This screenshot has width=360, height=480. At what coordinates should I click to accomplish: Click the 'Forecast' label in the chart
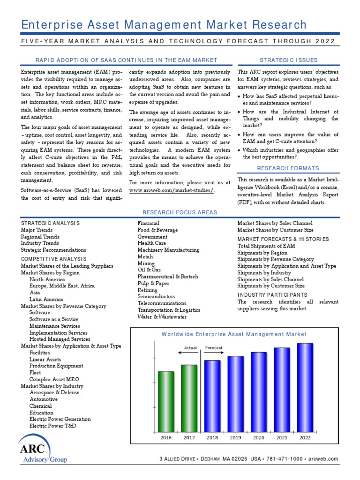click(214, 348)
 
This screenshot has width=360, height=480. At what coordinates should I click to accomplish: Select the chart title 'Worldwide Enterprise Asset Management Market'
click(234, 334)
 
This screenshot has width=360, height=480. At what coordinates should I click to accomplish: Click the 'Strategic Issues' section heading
click(288, 60)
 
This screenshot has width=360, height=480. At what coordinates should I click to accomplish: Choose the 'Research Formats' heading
click(288, 168)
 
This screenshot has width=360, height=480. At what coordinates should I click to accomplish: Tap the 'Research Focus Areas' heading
click(180, 212)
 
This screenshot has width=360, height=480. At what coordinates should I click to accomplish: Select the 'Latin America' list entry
click(47, 299)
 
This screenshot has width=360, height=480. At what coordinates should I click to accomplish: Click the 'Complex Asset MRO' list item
click(54, 379)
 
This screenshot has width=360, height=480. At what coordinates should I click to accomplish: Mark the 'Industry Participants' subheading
click(272, 295)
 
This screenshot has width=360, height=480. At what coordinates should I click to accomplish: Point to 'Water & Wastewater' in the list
click(162, 316)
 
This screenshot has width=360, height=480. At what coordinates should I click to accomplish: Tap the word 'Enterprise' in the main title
click(52, 25)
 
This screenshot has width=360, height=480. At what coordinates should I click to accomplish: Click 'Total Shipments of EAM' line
click(266, 246)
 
